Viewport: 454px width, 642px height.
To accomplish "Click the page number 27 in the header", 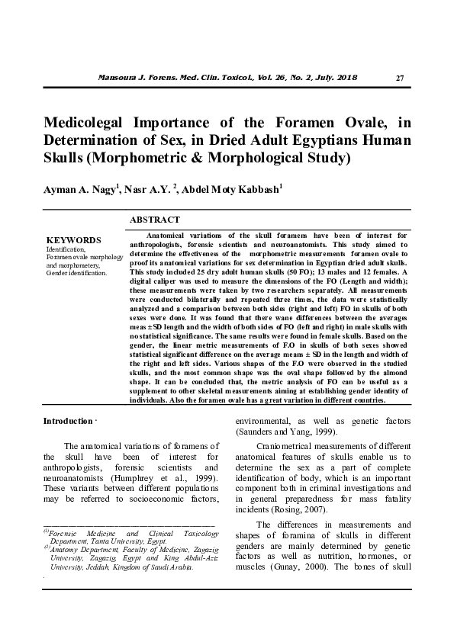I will point(401,79).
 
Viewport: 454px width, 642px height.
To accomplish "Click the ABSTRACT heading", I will point(154,220).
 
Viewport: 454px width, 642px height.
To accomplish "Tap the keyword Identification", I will point(66,249).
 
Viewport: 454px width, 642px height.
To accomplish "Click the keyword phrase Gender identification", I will point(77,272).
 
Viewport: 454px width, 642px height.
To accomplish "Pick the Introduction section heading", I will point(67,421).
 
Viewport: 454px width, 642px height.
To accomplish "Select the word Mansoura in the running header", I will point(119,78).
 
